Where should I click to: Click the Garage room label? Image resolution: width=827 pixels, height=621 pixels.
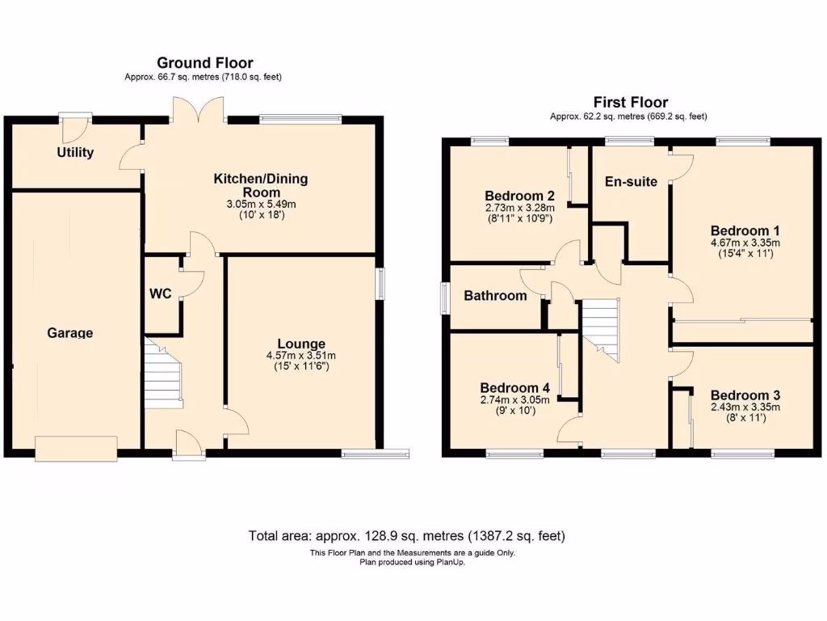pos(69,332)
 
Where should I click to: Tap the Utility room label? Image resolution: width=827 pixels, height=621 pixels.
pos(75,152)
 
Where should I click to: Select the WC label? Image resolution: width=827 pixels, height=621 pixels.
pos(160,294)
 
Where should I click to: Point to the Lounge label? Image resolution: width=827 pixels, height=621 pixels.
pos(301,344)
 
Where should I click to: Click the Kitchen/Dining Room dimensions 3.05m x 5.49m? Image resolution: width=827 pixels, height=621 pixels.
pos(260,205)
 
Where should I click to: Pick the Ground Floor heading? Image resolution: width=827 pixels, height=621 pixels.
pos(204,63)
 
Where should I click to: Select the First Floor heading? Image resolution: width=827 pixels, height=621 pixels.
pos(630,103)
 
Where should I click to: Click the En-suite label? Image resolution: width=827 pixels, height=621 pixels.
pos(632,182)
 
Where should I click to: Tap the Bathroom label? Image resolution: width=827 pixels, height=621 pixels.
pos(494,296)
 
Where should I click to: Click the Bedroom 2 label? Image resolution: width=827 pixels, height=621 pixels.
pos(518,196)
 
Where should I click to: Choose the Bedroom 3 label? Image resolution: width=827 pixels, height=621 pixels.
pos(745,395)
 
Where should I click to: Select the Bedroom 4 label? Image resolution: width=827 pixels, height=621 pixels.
pos(514,387)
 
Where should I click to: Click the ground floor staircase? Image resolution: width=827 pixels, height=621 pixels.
pos(163,374)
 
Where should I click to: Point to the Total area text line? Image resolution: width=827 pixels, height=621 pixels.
pos(406,536)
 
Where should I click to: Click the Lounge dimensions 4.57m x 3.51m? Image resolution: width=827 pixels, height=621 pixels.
pos(301,356)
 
